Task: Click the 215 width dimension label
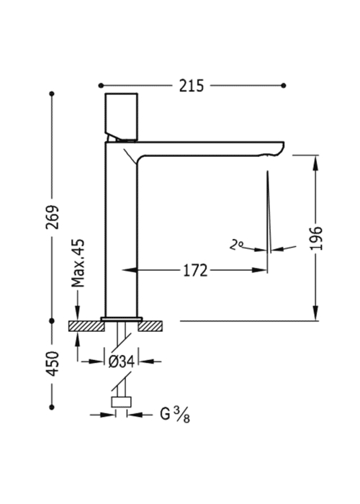point(192,86)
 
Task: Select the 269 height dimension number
point(53,217)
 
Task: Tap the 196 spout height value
point(316,238)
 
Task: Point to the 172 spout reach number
point(195,270)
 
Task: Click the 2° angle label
point(236,246)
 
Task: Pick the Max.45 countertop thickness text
point(78,263)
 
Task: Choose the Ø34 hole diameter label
point(122,362)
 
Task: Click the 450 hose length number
point(53,364)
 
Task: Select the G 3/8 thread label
point(175,415)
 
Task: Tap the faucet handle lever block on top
point(122,117)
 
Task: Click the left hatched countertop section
point(86,326)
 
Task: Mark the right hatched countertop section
point(150,326)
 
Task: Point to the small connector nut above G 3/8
point(121,402)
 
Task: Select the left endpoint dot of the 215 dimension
point(101,86)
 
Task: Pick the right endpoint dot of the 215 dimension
point(284,86)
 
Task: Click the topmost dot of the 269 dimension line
point(52,94)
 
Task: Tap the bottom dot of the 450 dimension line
point(52,408)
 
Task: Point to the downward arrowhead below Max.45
point(78,312)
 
